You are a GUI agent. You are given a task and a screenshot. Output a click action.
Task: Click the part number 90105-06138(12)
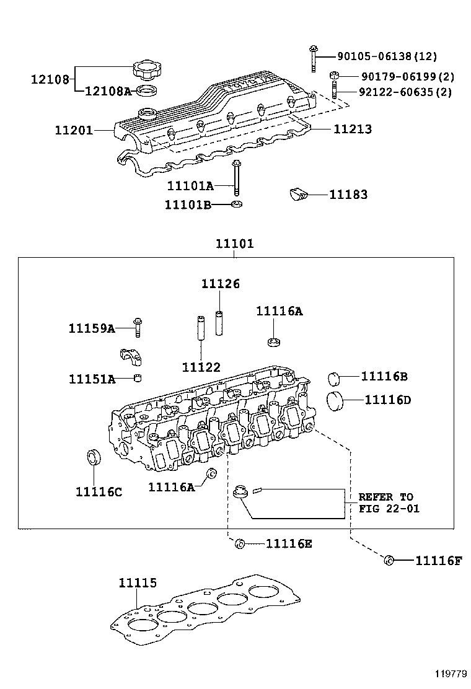387,56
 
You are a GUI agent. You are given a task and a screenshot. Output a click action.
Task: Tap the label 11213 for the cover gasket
352,129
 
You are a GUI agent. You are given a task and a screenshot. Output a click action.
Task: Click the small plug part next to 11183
299,195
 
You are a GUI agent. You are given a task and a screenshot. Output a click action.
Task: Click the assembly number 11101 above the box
234,244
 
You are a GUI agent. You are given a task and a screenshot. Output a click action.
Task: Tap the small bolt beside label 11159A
138,326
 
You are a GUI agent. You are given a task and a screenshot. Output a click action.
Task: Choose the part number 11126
220,284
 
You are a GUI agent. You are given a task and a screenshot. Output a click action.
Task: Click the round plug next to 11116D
335,401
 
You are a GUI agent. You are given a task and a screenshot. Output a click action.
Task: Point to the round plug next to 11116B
335,378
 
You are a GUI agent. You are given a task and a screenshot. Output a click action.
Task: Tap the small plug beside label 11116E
239,544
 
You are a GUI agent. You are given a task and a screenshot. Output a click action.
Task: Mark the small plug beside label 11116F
389,560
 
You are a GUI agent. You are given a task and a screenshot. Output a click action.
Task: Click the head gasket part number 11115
138,583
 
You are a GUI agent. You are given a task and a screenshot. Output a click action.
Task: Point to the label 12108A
107,92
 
